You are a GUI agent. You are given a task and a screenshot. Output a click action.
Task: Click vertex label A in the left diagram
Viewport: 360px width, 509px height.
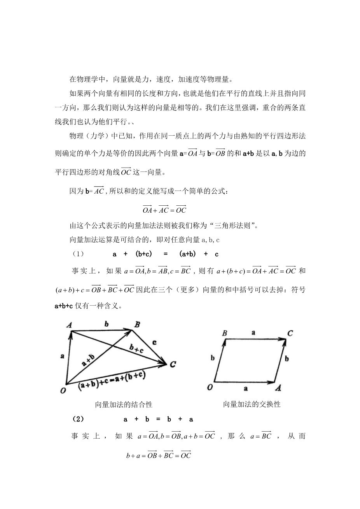pos(70,325)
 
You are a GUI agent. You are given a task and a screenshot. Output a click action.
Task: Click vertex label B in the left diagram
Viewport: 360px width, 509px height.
pos(137,324)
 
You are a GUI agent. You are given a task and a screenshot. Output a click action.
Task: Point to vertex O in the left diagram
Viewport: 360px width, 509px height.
pos(63,390)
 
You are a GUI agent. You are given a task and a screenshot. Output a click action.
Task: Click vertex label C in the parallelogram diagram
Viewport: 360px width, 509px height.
pos(290,333)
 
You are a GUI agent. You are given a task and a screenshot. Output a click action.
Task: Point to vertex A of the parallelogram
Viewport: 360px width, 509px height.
pos(278,388)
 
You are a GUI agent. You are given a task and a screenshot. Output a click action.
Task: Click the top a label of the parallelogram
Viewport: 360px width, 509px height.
pos(253,332)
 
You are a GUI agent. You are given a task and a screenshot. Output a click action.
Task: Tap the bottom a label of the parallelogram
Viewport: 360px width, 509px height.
pos(245,388)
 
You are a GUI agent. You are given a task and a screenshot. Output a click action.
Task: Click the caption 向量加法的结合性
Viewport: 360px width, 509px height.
pos(124,404)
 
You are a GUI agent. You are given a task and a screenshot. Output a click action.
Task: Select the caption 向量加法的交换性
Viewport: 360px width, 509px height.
pos(252,404)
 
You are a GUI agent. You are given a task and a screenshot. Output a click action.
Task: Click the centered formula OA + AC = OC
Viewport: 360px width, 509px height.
pos(164,209)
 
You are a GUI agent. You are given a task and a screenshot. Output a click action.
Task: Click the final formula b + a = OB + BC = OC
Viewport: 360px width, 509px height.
pos(159,455)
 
